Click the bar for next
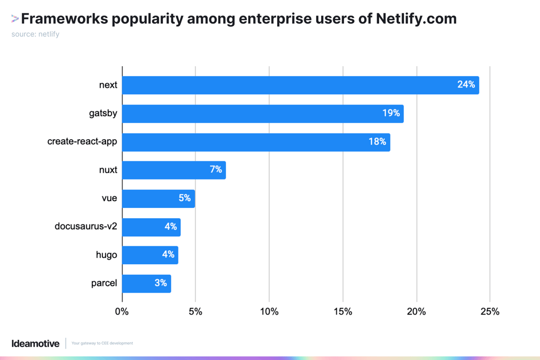[300, 85]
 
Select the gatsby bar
[263, 113]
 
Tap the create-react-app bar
[256, 142]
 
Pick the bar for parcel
[146, 283]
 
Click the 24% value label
[466, 84]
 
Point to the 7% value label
[216, 170]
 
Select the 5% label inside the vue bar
[185, 198]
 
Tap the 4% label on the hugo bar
[168, 254]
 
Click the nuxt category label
[108, 170]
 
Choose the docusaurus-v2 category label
[86, 226]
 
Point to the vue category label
[109, 198]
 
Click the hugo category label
[107, 254]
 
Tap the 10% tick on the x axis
[269, 311]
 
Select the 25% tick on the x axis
[490, 311]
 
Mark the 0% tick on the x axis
[122, 311]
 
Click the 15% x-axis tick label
[343, 311]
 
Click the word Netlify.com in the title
[416, 19]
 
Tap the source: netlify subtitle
[35, 34]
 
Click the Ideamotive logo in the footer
[35, 343]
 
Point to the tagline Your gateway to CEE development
[102, 343]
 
